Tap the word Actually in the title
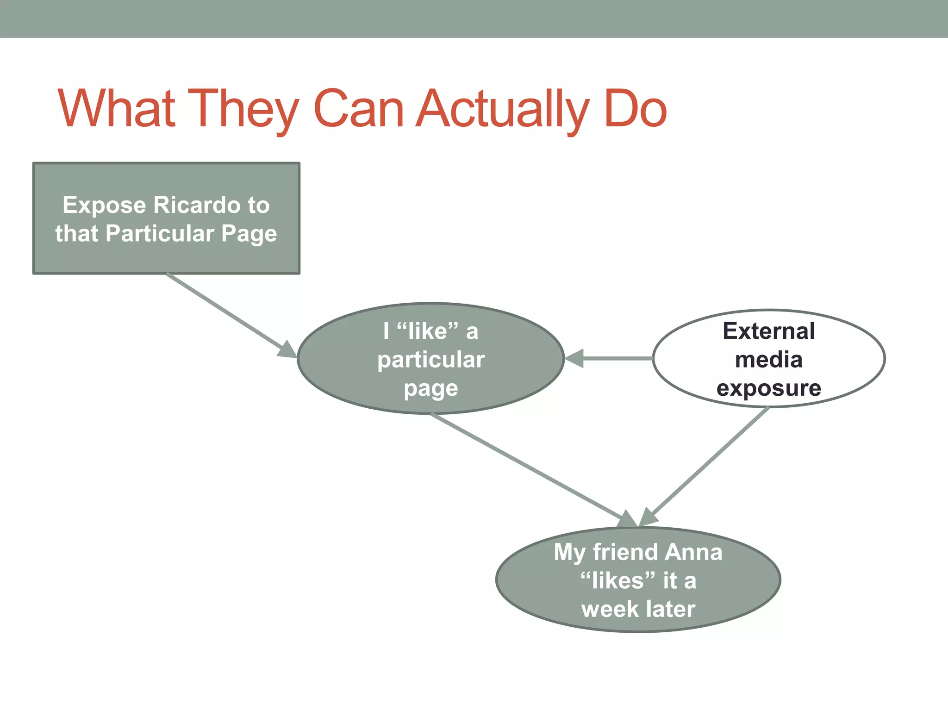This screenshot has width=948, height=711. tap(503, 109)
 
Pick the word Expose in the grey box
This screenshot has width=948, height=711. tap(104, 206)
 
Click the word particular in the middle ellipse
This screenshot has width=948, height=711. tap(430, 360)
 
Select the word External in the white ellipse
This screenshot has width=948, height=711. tap(768, 331)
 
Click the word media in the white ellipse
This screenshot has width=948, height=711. tap(768, 360)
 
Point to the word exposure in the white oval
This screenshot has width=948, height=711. tap(768, 388)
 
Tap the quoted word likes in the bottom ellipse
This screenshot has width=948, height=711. tap(618, 580)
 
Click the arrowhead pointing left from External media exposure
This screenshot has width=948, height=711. tap(574, 358)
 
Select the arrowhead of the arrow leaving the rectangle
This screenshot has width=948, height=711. tap(287, 350)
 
